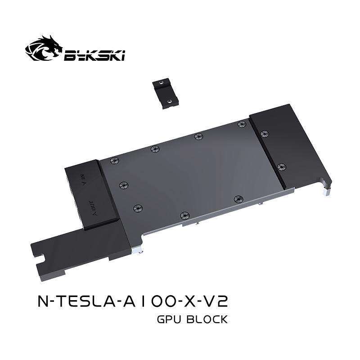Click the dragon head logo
coord(44,48)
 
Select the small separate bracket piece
coord(165,93)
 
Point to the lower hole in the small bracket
coord(169,100)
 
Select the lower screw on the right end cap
coord(281,166)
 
